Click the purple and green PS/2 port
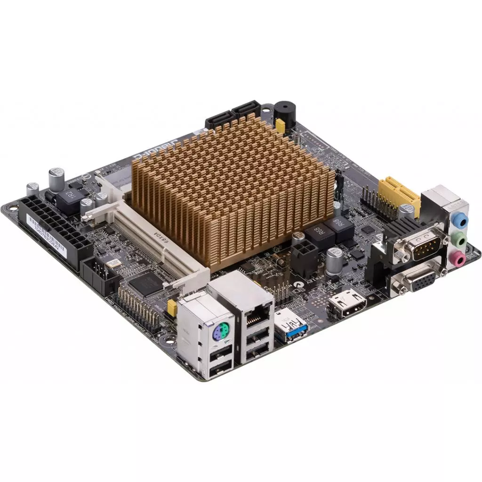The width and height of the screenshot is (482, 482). [x=218, y=336]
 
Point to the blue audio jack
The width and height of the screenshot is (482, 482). [x=461, y=220]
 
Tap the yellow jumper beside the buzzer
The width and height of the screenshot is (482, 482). [x=280, y=125]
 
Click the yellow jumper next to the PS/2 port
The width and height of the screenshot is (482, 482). [x=172, y=308]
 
